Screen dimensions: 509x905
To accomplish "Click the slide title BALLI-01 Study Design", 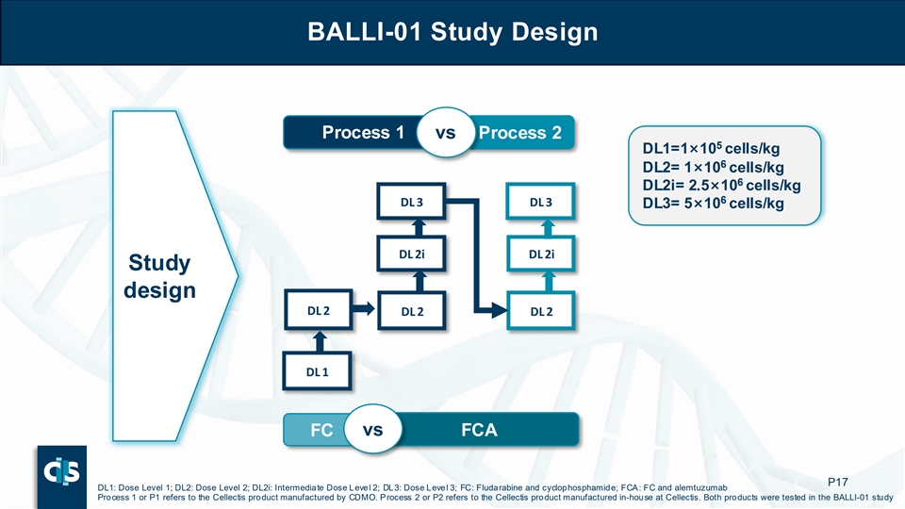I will click(x=452, y=32).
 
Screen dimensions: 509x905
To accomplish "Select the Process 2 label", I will click(x=520, y=133).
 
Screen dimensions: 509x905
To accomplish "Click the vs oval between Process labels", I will click(x=446, y=133).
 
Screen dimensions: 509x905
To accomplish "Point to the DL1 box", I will click(x=317, y=371).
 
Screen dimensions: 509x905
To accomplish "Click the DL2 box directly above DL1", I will click(x=317, y=309).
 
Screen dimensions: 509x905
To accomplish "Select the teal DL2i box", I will click(x=541, y=254).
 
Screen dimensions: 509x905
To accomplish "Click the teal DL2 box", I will click(x=541, y=310).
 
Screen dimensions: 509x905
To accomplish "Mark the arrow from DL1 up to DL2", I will click(x=319, y=340).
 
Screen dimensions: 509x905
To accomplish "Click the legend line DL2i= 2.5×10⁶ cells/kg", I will click(x=721, y=185).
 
